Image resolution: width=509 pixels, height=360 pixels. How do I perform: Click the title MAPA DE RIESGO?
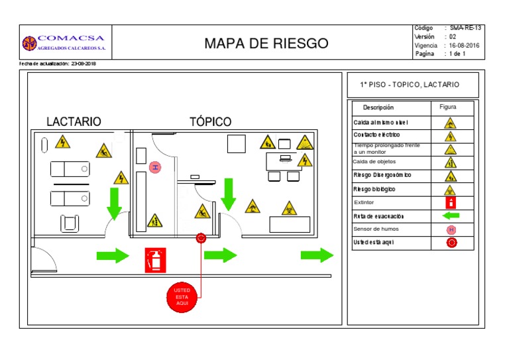pos(266,44)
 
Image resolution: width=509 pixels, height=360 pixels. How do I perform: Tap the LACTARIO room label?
pos(74,122)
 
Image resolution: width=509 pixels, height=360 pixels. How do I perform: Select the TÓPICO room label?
pos(210,122)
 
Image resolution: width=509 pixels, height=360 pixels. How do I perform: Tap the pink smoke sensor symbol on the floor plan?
pos(155,168)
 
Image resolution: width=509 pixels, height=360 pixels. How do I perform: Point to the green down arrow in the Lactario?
pos(115,203)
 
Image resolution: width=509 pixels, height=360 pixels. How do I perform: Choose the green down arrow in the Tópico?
pos(229,194)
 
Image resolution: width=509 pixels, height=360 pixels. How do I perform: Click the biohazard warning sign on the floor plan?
pos(289,208)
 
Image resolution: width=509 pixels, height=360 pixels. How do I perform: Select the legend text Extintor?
pos(364,203)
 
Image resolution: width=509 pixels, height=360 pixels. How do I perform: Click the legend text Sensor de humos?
pos(376,229)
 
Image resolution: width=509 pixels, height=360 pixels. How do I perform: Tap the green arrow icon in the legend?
pos(450,216)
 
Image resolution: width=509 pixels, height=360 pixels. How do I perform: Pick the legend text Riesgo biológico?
pos(374,189)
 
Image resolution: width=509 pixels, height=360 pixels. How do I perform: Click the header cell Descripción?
pos(378,107)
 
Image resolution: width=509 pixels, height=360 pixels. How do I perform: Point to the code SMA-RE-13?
pos(466,29)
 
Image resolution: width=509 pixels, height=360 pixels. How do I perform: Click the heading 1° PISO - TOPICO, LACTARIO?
pos(409,85)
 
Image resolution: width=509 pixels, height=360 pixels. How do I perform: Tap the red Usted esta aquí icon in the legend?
pos(451,243)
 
